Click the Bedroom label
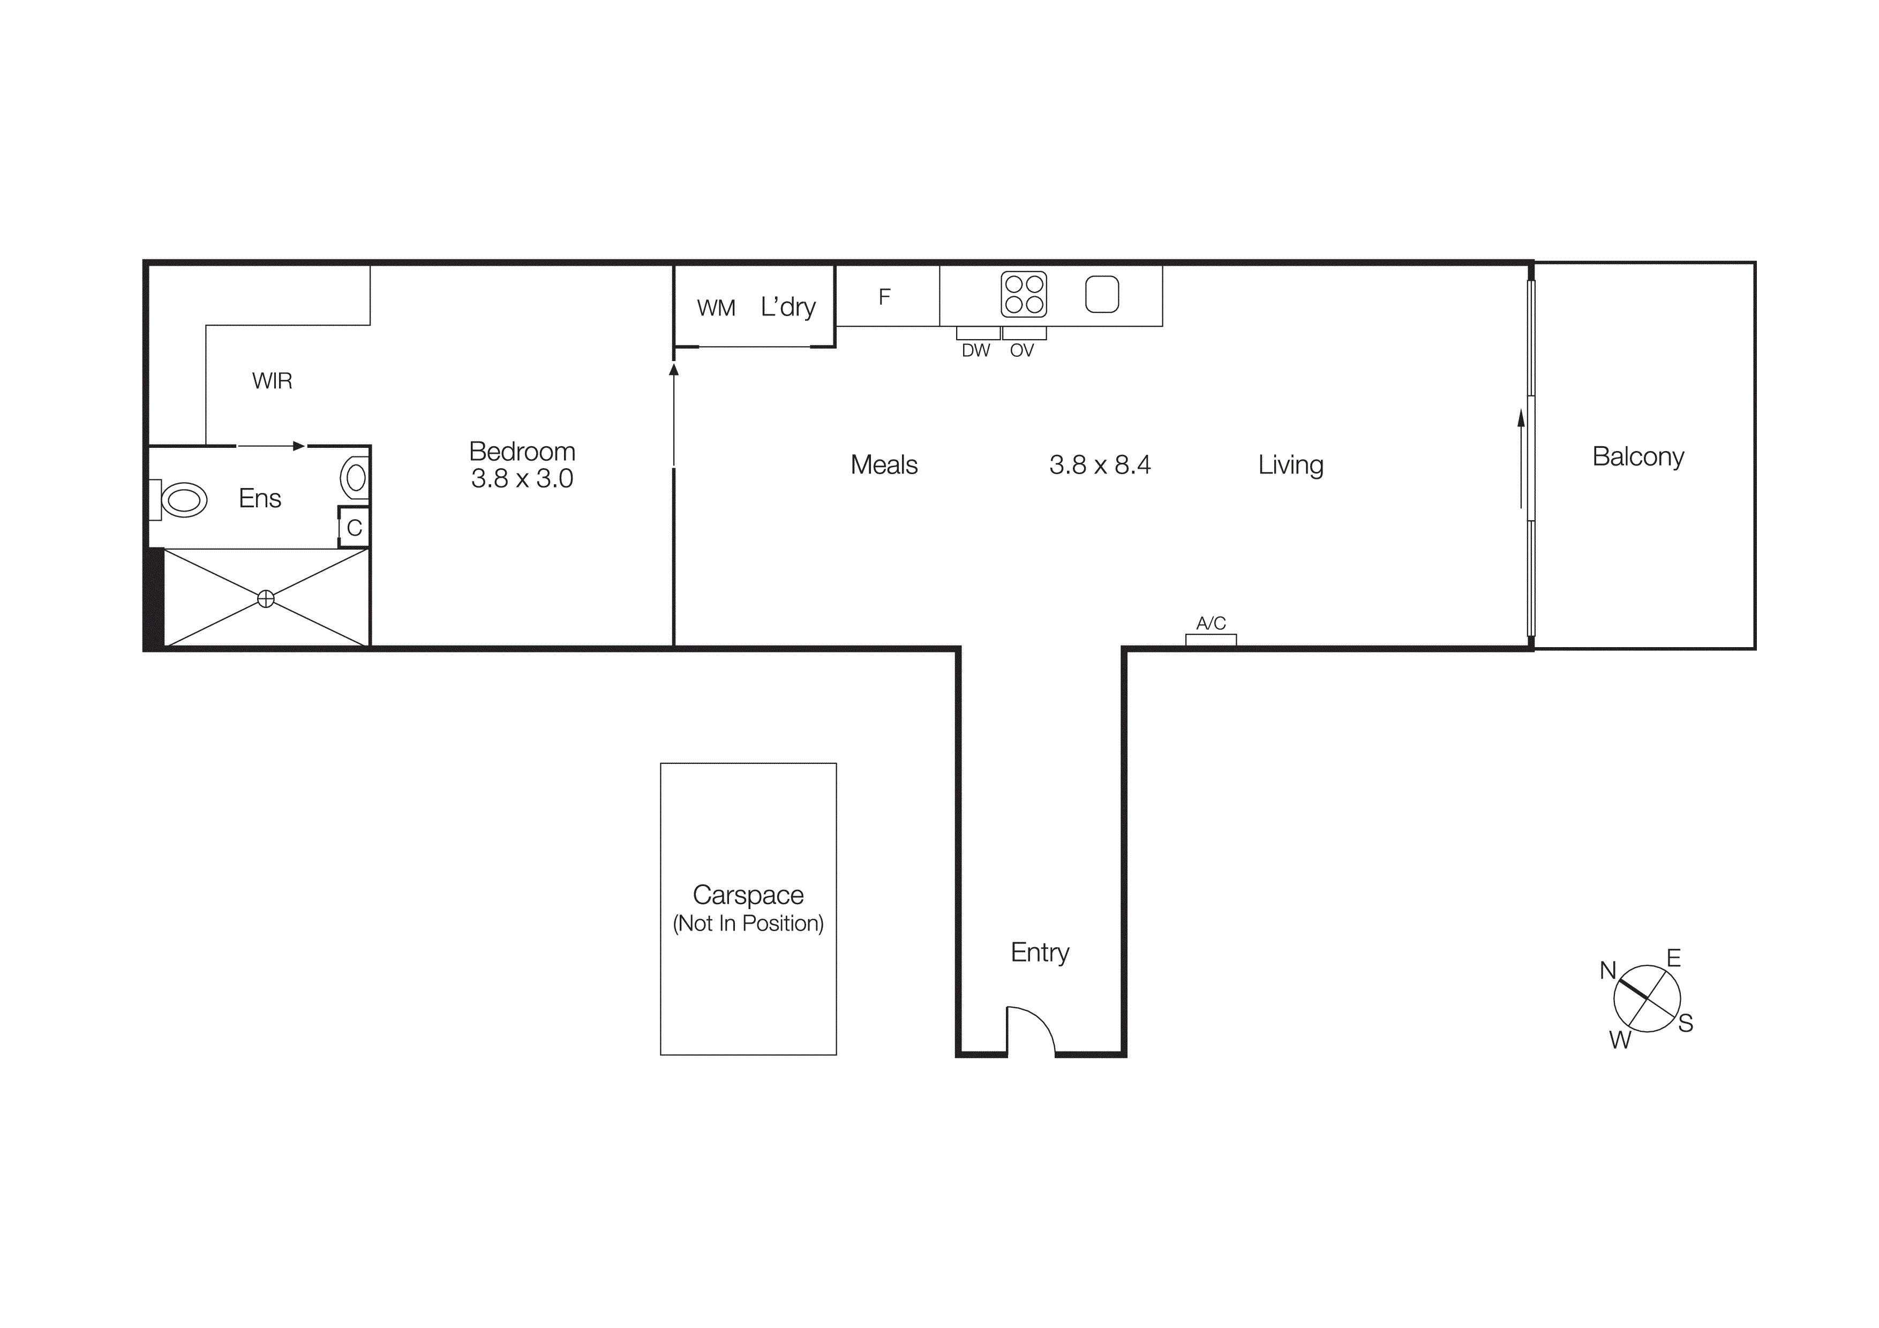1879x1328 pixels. click(x=522, y=452)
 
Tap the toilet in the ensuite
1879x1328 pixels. click(x=183, y=499)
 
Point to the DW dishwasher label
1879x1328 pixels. click(x=975, y=351)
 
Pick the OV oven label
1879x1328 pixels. click(x=1022, y=351)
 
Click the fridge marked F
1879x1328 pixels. click(x=885, y=296)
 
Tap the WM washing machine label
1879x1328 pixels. click(x=716, y=309)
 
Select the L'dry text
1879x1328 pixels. click(x=788, y=307)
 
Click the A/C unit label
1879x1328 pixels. click(x=1211, y=624)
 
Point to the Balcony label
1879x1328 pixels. click(x=1637, y=456)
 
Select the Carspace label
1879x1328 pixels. click(x=748, y=895)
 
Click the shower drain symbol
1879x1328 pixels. click(x=266, y=599)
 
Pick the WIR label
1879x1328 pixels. click(x=272, y=380)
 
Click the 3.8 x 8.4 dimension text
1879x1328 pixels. click(x=1100, y=465)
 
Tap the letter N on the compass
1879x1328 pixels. click(x=1608, y=971)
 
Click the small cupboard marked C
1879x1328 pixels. click(x=355, y=528)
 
